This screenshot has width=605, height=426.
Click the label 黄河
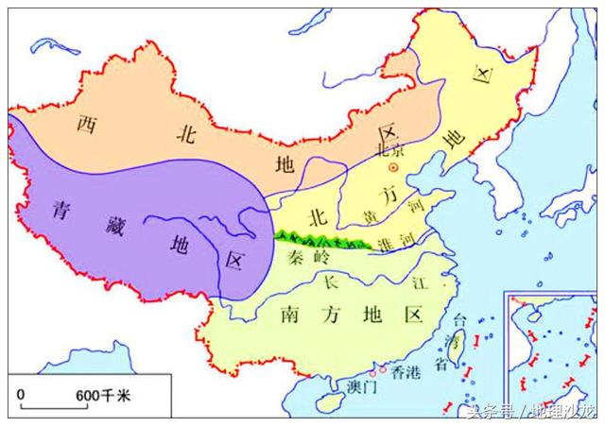[x=376, y=216]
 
